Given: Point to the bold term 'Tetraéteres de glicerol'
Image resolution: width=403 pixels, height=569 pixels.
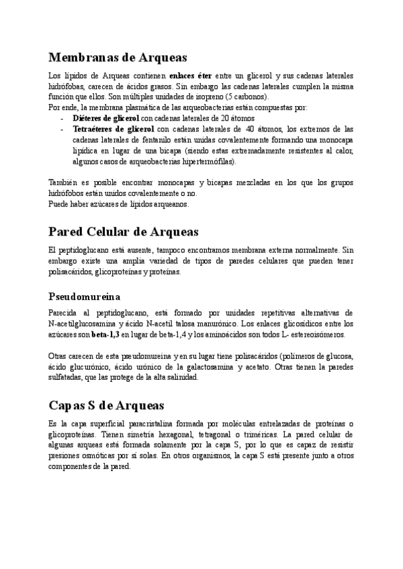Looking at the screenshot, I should pos(112,128).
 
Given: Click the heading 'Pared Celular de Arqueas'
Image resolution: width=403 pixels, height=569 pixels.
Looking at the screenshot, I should pos(124,231).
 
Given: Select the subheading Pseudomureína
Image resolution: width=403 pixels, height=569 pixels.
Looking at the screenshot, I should pos(84,296).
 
